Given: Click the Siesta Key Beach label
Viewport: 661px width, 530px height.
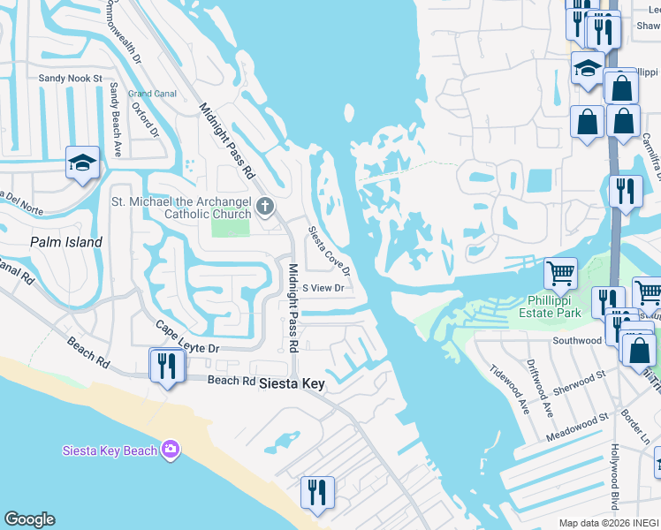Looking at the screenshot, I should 110,450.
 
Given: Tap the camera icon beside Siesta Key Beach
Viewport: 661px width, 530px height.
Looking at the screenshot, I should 171,450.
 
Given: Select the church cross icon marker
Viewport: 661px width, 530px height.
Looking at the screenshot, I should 264,208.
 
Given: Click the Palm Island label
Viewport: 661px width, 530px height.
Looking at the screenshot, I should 66,241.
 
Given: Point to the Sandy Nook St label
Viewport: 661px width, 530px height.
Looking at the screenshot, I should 71,78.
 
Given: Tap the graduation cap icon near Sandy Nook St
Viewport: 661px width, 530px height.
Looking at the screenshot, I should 82,163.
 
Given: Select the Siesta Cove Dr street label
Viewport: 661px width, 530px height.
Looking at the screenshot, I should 329,250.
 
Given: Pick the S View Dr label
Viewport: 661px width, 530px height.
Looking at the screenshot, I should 323,288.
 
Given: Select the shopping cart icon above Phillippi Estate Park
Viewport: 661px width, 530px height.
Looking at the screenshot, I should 560,275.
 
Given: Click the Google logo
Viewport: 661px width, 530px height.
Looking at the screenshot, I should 29,519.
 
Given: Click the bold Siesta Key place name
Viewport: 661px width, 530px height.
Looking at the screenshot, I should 292,383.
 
